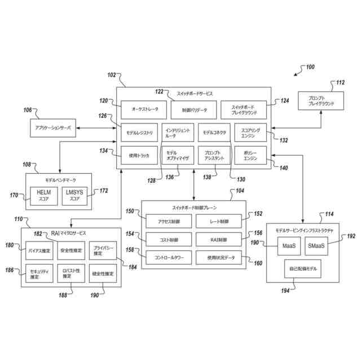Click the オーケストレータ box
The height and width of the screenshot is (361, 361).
click(140, 109)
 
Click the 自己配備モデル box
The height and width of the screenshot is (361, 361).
click(303, 269)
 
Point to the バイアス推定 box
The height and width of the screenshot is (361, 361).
click(39, 250)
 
